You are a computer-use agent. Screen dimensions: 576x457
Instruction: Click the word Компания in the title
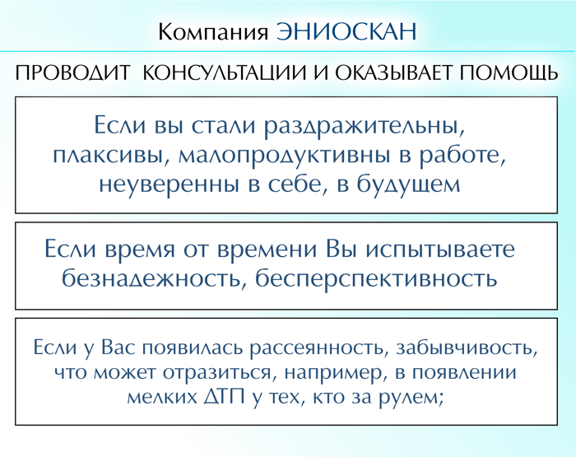(213, 32)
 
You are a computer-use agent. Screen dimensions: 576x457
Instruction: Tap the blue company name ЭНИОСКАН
(346, 31)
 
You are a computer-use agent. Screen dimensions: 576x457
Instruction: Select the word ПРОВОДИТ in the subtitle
(72, 73)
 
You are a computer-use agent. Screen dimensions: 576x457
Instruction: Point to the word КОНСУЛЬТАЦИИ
(224, 73)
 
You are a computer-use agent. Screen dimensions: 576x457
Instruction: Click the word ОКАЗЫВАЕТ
(393, 72)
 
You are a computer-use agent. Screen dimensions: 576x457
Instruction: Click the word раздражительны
(365, 127)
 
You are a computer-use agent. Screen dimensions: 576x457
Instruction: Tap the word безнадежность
(154, 279)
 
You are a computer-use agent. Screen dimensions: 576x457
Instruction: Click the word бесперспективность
(376, 279)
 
